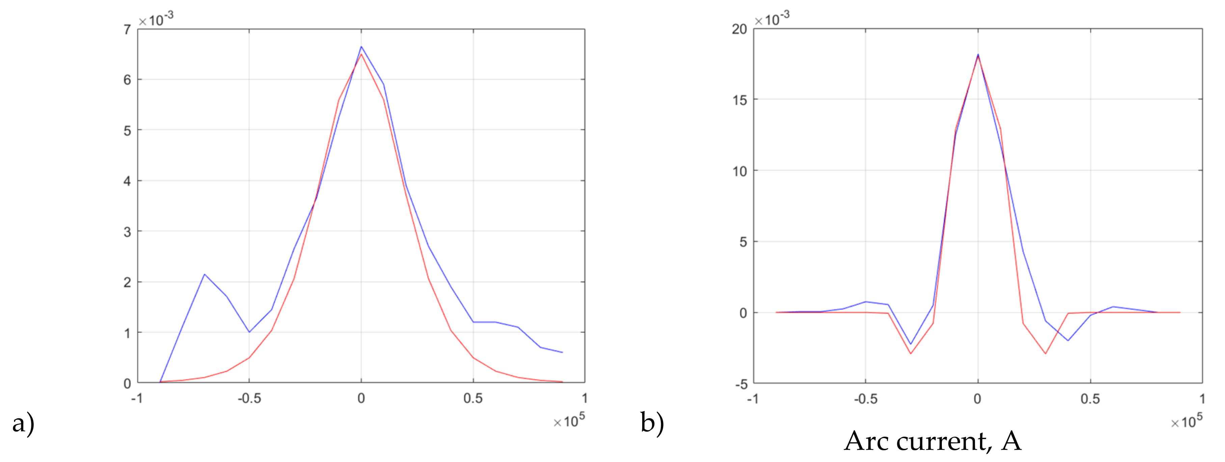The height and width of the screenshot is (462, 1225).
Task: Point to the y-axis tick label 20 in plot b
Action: click(739, 29)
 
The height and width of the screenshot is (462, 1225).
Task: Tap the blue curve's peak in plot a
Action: click(361, 47)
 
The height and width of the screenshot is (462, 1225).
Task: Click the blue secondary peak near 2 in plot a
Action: click(205, 274)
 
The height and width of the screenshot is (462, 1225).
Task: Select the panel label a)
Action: click(23, 422)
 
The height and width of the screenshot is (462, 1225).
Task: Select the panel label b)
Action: click(652, 422)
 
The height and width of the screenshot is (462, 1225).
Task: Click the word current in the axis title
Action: click(944, 441)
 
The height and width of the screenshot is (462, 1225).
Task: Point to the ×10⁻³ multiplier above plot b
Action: click(772, 19)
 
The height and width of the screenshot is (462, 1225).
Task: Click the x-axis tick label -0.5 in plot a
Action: click(249, 398)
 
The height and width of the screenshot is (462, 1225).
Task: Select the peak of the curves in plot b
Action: click(978, 55)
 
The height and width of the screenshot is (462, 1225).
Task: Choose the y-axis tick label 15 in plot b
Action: click(739, 100)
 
